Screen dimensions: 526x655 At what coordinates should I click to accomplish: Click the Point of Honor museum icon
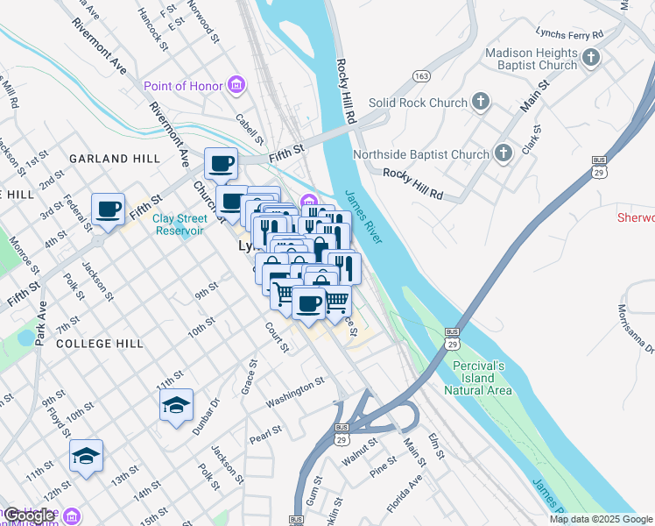click(x=236, y=85)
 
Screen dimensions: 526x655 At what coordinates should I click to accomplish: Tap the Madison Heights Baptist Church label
click(x=532, y=59)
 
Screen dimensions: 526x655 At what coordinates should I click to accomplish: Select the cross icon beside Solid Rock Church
click(x=480, y=103)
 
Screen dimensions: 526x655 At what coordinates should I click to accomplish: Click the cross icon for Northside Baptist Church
click(x=503, y=154)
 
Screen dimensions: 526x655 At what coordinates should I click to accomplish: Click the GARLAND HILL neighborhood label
click(x=114, y=159)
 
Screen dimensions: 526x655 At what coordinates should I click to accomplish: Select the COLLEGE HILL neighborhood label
click(x=98, y=344)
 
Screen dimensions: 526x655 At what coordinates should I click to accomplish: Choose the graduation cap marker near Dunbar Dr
click(x=176, y=405)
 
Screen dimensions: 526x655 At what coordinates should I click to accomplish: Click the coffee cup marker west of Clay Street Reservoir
click(x=109, y=210)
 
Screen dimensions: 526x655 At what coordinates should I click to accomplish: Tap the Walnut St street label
click(x=360, y=457)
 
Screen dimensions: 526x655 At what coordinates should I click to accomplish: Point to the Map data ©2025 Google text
click(x=601, y=519)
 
